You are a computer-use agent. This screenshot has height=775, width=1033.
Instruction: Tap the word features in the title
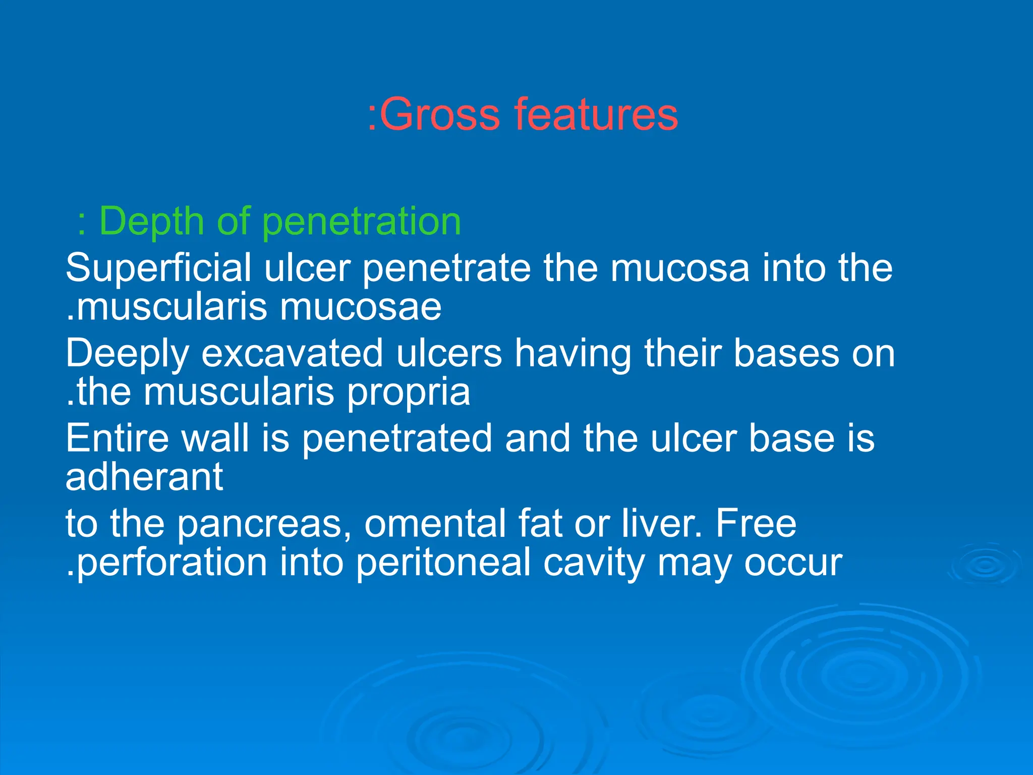(596, 115)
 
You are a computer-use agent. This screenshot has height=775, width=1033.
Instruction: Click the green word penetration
(362, 222)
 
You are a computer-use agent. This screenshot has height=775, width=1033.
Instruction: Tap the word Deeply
(127, 354)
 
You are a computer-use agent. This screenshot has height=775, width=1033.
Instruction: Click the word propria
(408, 393)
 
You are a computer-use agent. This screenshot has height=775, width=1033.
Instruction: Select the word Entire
(117, 438)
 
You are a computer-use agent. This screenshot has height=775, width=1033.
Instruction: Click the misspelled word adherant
(144, 477)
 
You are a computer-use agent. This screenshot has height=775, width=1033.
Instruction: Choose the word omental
(434, 524)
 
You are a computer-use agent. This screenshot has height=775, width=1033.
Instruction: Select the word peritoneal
(443, 563)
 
